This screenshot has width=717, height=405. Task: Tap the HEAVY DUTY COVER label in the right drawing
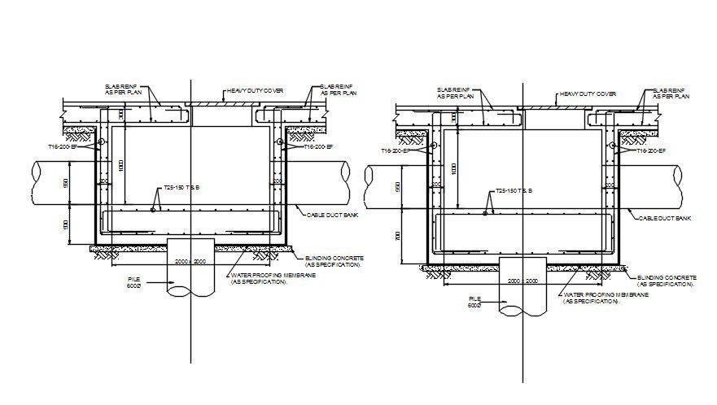(x=588, y=94)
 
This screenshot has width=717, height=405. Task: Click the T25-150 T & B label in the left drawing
(x=181, y=188)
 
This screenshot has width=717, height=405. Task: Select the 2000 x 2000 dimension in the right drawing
(x=522, y=280)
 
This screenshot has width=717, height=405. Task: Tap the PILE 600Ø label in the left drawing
(x=133, y=283)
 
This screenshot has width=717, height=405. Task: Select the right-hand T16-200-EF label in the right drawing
(x=649, y=151)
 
